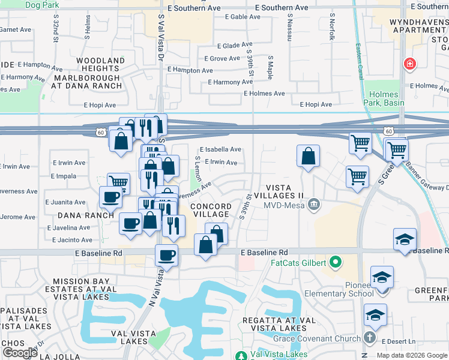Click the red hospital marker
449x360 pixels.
click(410, 64)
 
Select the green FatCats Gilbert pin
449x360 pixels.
click(336, 263)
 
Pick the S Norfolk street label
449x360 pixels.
click(332, 28)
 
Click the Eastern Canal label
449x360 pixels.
click(360, 47)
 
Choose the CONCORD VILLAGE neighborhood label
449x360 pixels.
click(209, 210)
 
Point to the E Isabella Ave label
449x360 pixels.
click(220, 149)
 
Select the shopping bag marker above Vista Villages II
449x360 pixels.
click(308, 157)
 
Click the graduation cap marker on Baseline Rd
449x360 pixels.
click(405, 239)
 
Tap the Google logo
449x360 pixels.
click(20, 353)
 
